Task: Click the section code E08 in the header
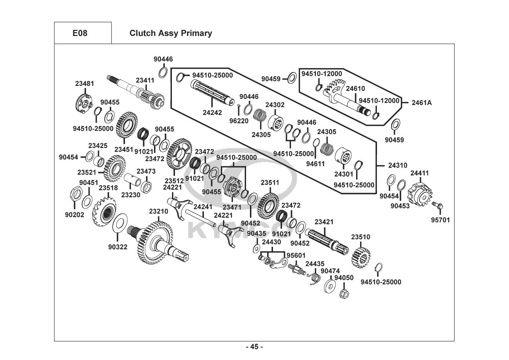80,33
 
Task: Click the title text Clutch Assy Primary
171,33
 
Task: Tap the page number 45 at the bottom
254,347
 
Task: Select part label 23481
85,84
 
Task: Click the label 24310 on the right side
398,166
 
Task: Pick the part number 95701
440,220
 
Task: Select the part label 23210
159,211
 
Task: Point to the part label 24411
419,173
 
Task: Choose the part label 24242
212,112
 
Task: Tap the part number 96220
239,121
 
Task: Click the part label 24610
355,89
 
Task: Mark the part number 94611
315,164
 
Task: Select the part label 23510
360,237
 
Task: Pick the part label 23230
131,194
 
